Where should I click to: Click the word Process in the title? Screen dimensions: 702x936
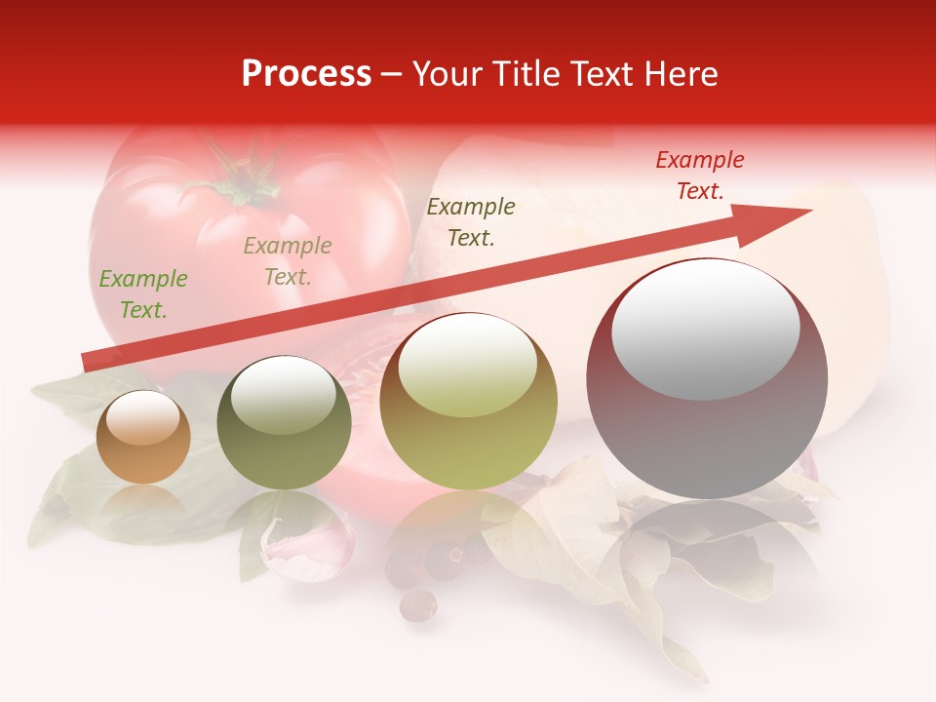[306, 74]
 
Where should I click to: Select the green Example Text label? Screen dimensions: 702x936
[143, 294]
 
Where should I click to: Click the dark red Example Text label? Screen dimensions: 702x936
[700, 175]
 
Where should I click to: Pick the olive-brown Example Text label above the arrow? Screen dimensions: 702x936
[471, 221]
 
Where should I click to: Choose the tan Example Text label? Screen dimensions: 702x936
[288, 261]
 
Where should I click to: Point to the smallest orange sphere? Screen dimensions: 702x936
[143, 437]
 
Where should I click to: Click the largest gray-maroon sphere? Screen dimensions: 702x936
[707, 429]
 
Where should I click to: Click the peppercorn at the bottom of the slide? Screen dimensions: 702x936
[418, 604]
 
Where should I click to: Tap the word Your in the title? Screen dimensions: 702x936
[447, 74]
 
